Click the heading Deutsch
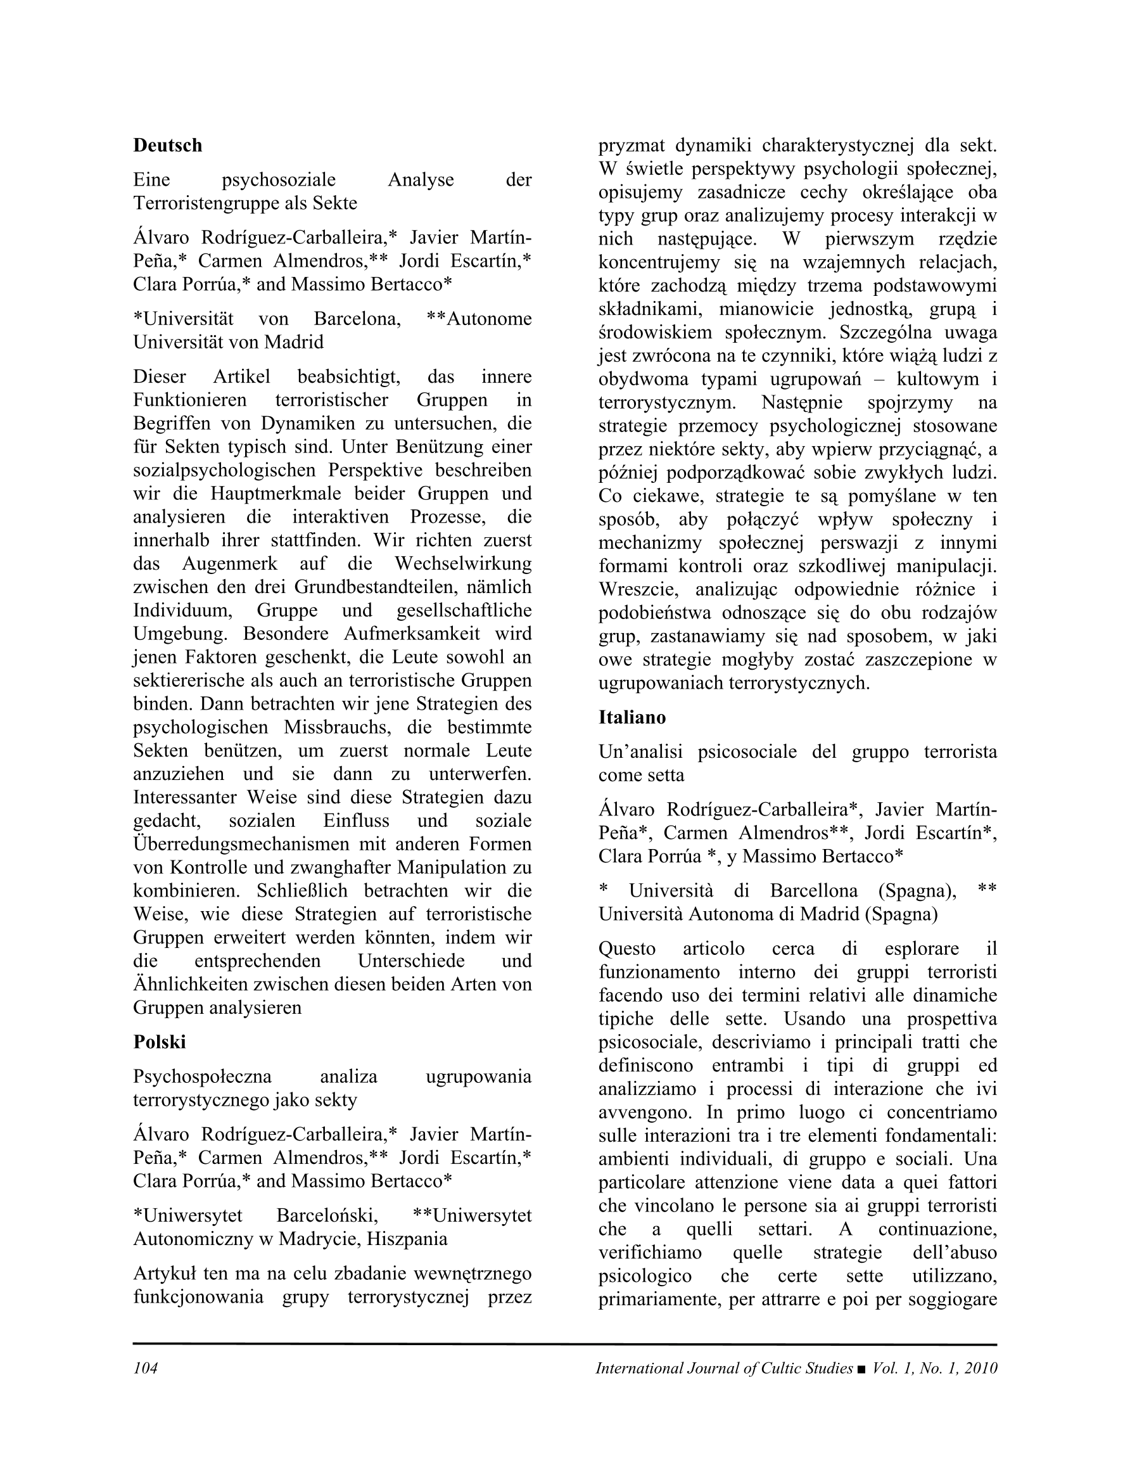[167, 145]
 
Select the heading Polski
[160, 1042]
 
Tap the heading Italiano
[632, 717]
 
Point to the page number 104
[144, 1368]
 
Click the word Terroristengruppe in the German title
[208, 203]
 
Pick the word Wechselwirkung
[463, 563]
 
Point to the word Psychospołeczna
[202, 1076]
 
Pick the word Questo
[627, 949]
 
